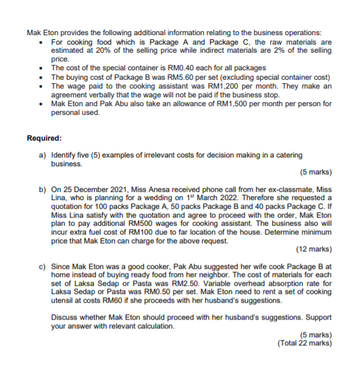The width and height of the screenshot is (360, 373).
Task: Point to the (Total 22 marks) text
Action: click(x=305, y=343)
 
